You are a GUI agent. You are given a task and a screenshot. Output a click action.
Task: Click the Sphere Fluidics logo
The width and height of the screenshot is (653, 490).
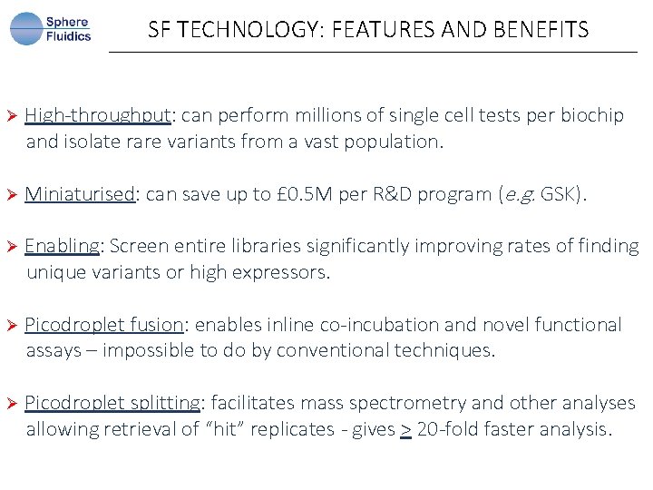point(51,29)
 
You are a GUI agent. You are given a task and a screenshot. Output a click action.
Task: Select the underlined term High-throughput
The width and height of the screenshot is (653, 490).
point(98,115)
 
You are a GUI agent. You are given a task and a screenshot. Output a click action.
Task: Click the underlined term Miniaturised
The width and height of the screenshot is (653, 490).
point(81,194)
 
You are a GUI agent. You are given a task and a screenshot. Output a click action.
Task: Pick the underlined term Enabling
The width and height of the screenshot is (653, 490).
point(63,246)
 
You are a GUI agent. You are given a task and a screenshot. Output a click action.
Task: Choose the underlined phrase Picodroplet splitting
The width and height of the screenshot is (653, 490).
point(112,403)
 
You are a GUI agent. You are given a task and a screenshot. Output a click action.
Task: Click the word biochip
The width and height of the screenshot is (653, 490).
point(592,115)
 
